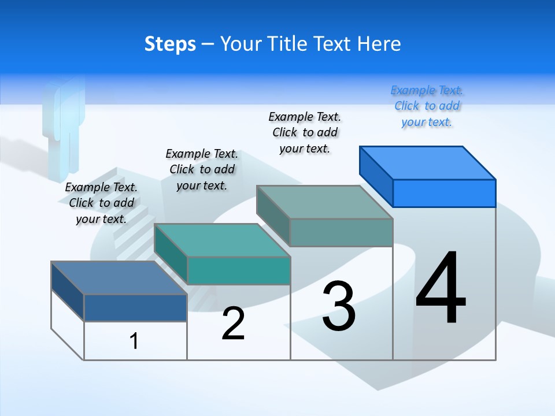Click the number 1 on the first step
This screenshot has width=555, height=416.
point(134,341)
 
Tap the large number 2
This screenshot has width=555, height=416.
point(234,324)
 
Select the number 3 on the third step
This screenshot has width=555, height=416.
point(339,306)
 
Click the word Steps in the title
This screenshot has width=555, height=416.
point(170,44)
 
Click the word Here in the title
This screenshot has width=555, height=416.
point(379,44)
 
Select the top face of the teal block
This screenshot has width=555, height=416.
point(222,240)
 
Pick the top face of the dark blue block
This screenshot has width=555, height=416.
point(119,277)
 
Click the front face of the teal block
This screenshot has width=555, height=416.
point(239,270)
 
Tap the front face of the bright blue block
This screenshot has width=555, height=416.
point(444,193)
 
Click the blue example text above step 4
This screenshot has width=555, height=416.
point(427,106)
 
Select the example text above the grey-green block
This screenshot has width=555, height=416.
point(305,133)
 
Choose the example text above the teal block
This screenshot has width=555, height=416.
point(202,169)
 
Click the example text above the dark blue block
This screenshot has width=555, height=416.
point(101,203)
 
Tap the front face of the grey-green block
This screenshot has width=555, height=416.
point(341,232)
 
